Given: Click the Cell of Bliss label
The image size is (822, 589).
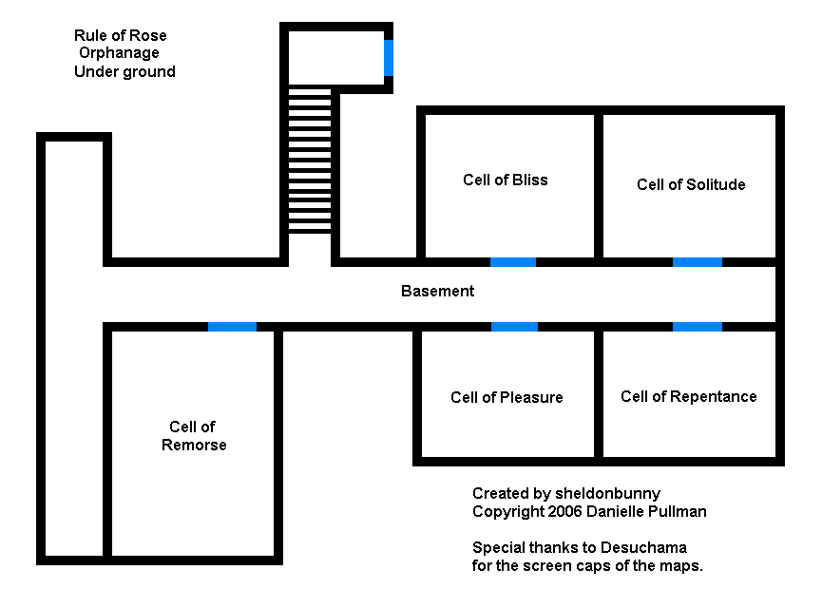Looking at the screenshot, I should (506, 180).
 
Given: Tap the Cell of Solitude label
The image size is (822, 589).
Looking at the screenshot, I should (691, 184).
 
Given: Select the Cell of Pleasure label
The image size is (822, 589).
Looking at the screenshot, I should (507, 397).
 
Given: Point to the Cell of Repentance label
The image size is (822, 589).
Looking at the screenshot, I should (689, 396).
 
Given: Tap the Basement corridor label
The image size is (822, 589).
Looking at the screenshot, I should (437, 291).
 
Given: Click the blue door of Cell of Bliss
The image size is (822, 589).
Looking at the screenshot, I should (513, 262).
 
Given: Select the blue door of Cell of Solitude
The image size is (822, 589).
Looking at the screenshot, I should (697, 262).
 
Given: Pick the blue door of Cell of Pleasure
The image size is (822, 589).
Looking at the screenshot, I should (514, 327).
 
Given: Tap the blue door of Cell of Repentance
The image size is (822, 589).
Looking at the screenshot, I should (697, 327).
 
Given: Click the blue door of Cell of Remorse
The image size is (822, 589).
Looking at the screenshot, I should (232, 327).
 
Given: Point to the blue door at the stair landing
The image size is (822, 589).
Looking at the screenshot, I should (389, 57).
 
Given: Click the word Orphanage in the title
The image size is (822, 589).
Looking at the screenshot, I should (119, 53).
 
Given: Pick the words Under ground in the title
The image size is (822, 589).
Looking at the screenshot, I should (124, 71).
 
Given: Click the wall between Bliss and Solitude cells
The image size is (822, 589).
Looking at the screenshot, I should (599, 185).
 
